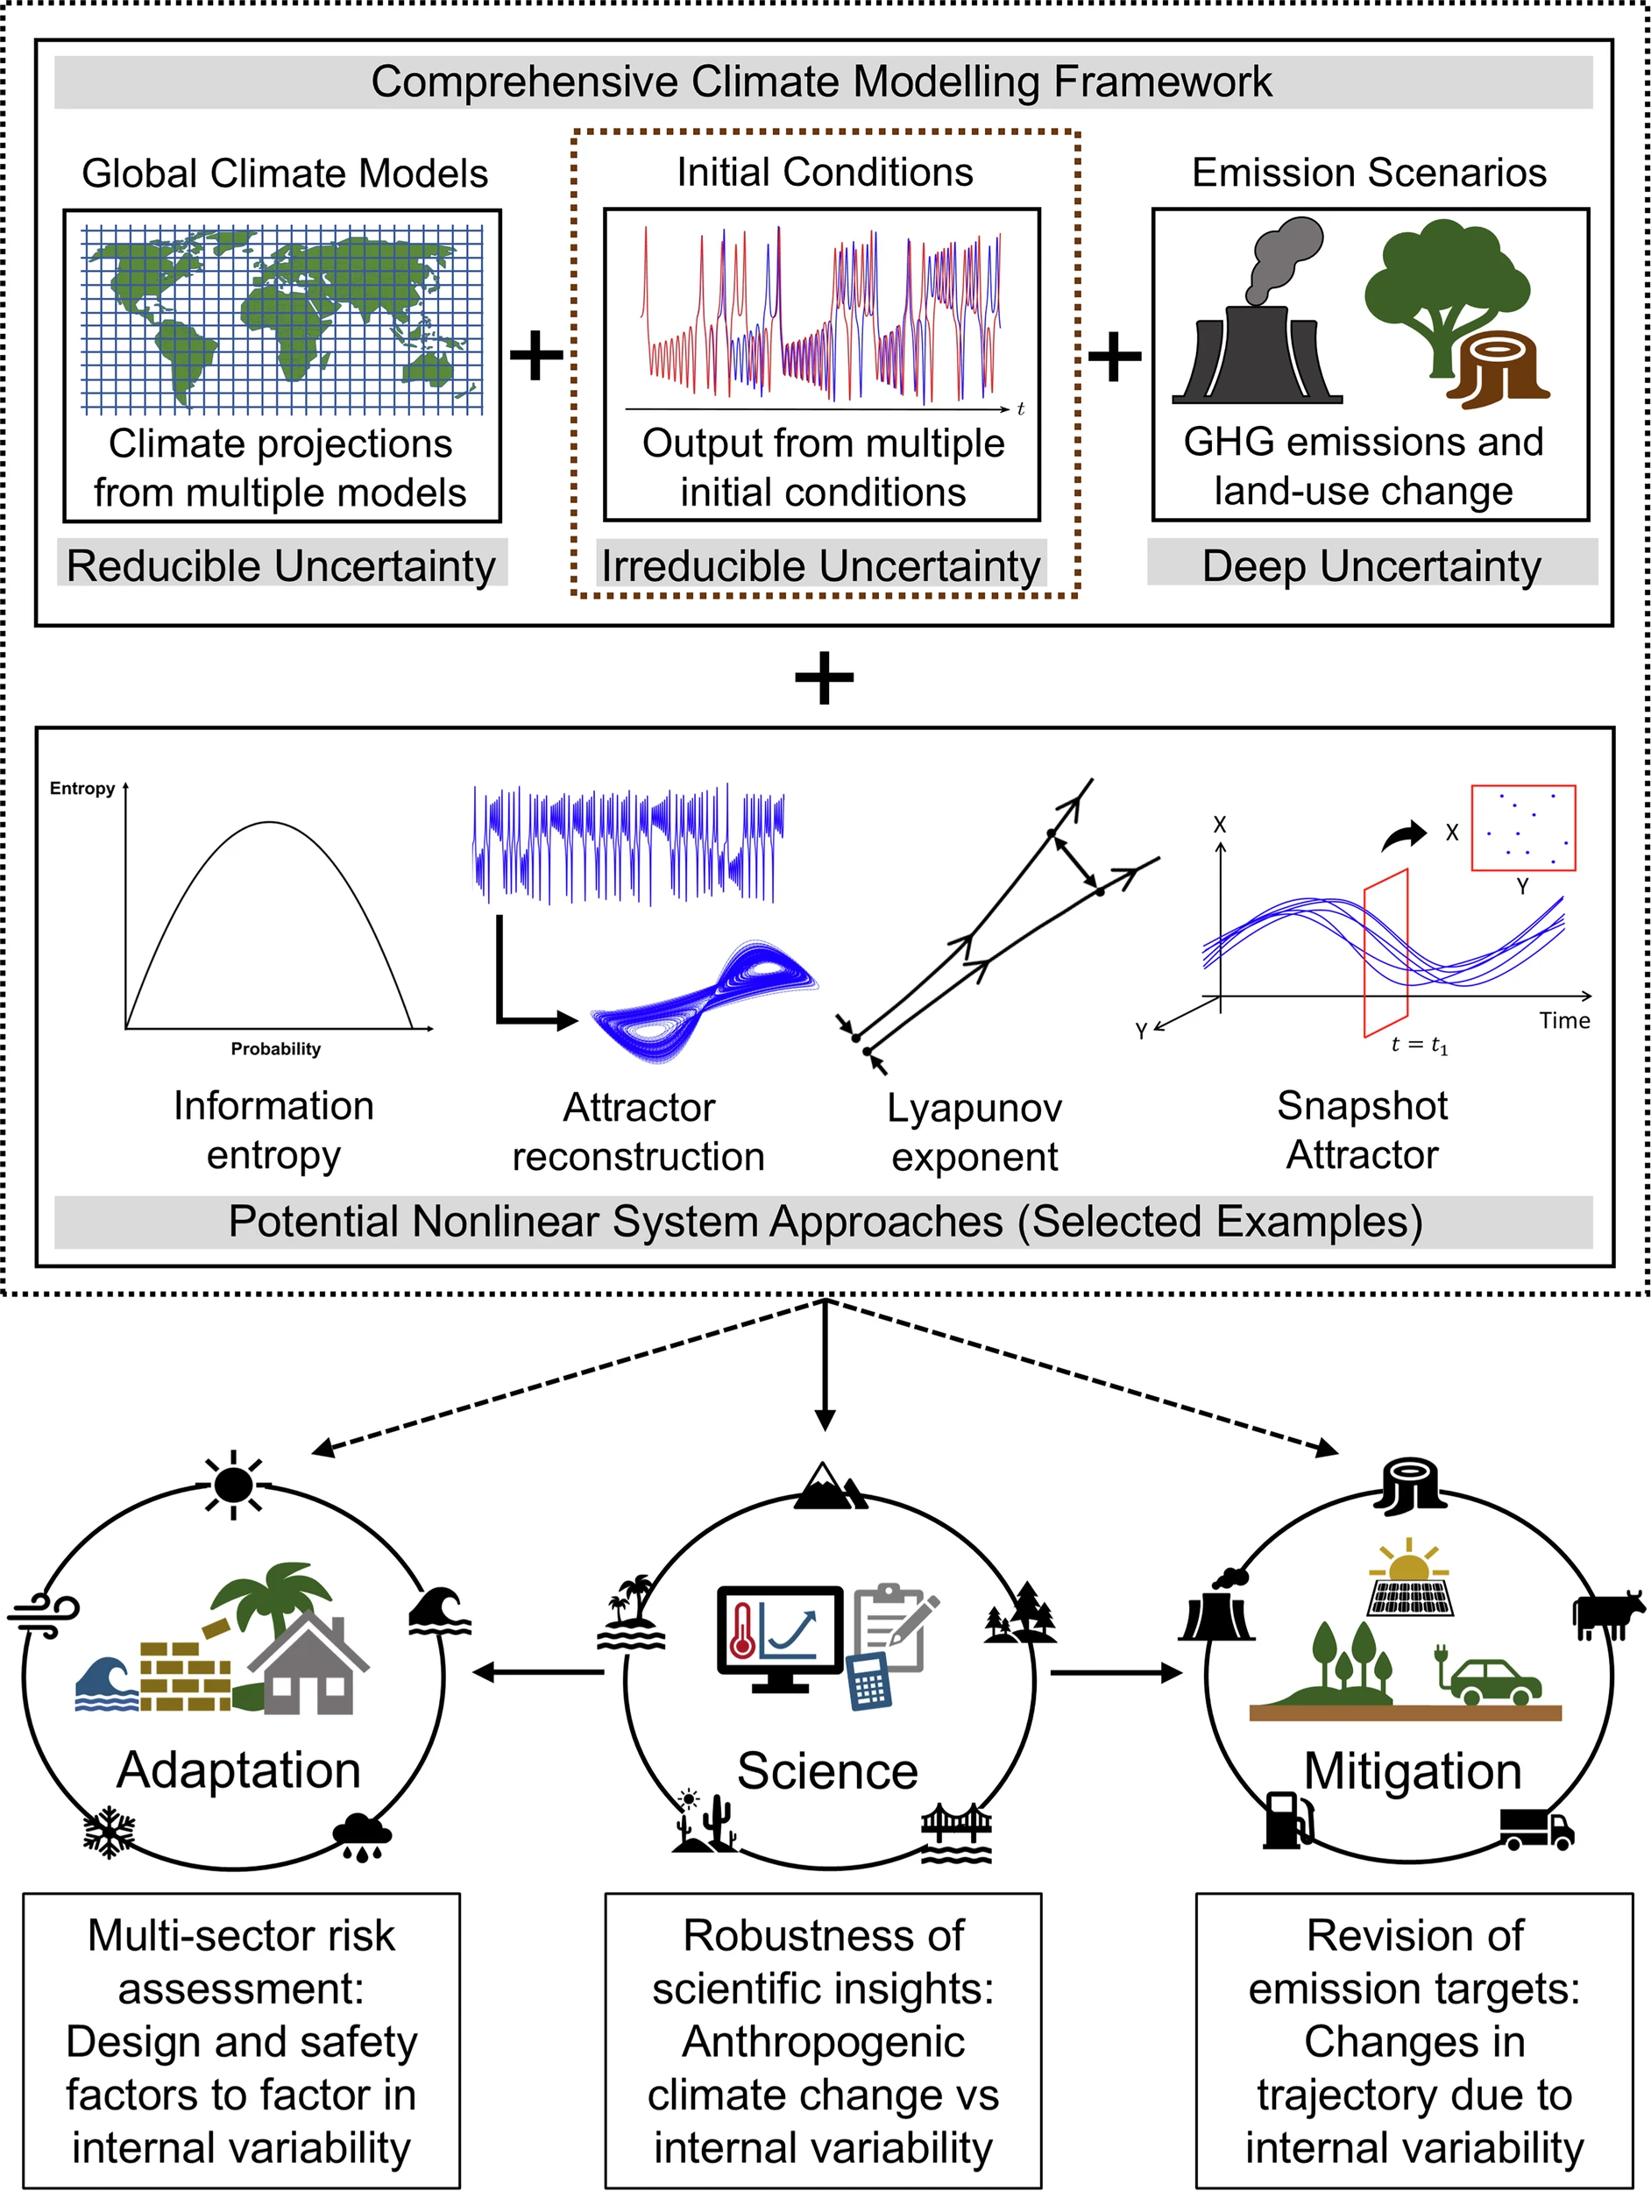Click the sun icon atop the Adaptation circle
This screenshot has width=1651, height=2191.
tap(234, 1483)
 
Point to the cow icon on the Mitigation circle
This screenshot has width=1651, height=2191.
tap(1606, 1615)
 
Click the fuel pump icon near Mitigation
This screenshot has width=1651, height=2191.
tap(1287, 1819)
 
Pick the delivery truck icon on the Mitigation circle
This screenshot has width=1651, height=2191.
tap(1536, 1828)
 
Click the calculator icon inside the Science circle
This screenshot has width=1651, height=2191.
tap(869, 1681)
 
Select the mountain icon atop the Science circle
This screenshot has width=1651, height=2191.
tap(830, 1485)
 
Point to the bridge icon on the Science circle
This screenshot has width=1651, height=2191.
tap(956, 1833)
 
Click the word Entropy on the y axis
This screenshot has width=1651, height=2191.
tap(82, 789)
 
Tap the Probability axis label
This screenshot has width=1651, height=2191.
tap(275, 1049)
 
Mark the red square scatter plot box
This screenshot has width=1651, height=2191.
tap(1523, 828)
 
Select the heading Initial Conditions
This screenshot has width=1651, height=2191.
tap(824, 173)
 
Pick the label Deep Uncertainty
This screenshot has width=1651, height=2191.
tap(1371, 565)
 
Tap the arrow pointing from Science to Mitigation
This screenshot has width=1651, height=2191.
tap(1116, 1673)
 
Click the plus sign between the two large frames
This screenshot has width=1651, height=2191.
tap(824, 678)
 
